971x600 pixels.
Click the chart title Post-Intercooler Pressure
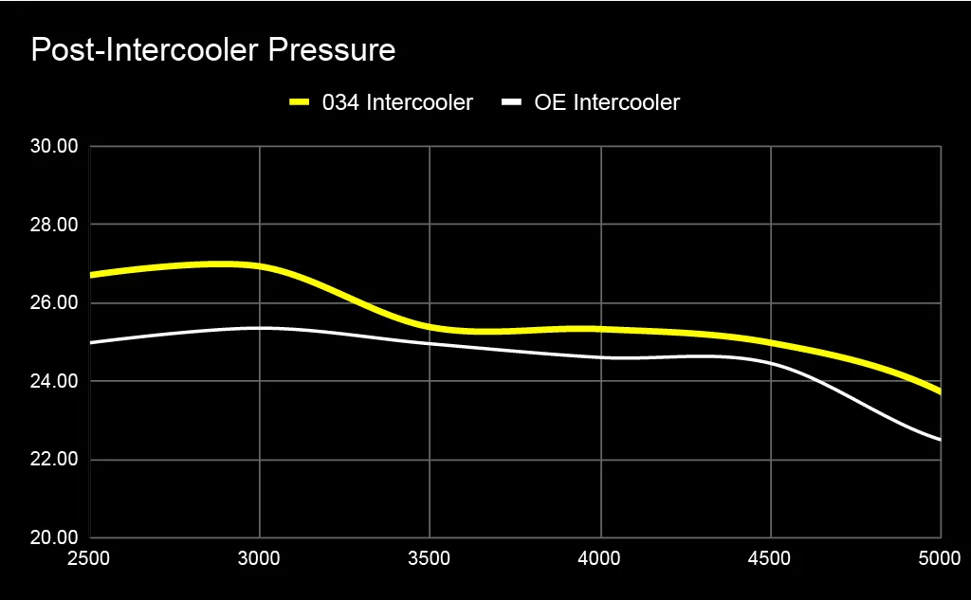coord(212,50)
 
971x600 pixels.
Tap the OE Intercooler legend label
coord(607,102)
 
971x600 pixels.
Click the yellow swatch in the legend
coord(301,102)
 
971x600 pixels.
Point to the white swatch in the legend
coord(512,102)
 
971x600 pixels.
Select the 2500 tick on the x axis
coord(90,558)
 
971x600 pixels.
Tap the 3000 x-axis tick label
coord(260,558)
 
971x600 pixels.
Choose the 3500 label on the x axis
coord(430,558)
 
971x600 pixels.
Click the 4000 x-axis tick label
coord(600,558)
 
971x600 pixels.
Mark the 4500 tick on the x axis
coord(770,558)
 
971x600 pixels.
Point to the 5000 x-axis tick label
coord(940,558)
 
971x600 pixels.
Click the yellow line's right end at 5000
coord(940,391)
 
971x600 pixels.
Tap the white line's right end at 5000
coord(940,440)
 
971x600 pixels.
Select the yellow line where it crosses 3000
coord(260,266)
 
